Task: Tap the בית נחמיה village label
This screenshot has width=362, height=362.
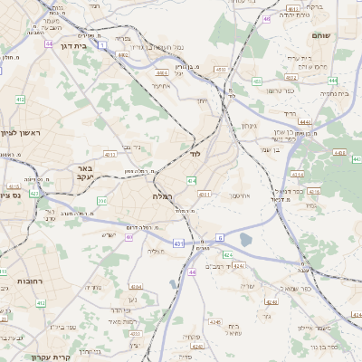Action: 333,92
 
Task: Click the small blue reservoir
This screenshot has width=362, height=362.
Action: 245,240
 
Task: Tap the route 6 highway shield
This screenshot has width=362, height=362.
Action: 219,238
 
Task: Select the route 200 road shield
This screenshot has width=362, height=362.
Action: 102,201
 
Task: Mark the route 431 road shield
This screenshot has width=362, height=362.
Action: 179,243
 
